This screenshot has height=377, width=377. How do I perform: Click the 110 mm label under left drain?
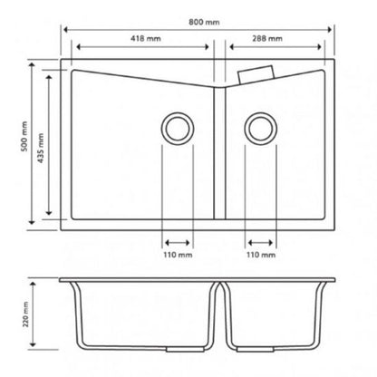coord(178,255)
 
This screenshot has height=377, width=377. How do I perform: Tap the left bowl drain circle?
coord(178,128)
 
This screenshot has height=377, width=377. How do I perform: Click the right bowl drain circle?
coord(260,128)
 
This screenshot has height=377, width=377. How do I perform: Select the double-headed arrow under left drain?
coord(178,242)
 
